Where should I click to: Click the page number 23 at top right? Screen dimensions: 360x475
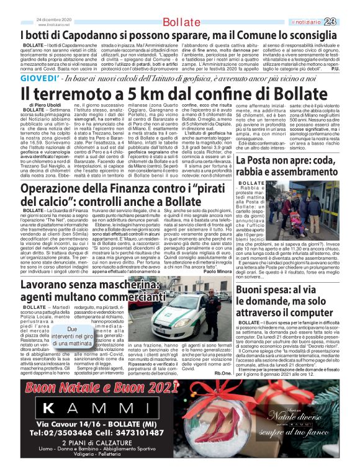pos(347,22)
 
